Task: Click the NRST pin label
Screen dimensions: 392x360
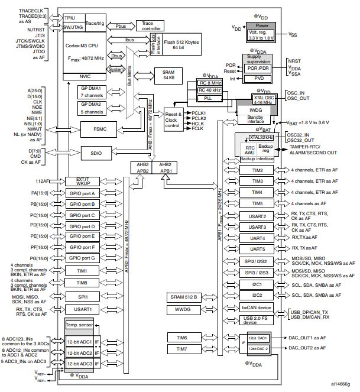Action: point(294,61)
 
